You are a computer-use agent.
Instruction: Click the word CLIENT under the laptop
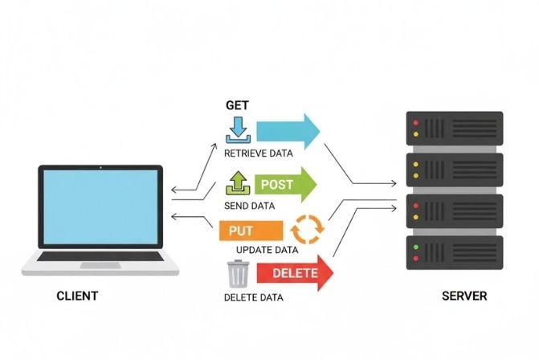(77, 296)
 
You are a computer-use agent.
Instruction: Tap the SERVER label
(464, 296)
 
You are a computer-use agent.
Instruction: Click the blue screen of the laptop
(100, 207)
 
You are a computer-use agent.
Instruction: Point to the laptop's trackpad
(100, 265)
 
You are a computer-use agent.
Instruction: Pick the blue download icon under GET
(239, 130)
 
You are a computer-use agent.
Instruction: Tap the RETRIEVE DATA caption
(259, 153)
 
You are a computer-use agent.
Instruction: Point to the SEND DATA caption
(251, 207)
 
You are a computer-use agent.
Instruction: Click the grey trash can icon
(239, 273)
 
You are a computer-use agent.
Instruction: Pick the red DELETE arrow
(294, 273)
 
